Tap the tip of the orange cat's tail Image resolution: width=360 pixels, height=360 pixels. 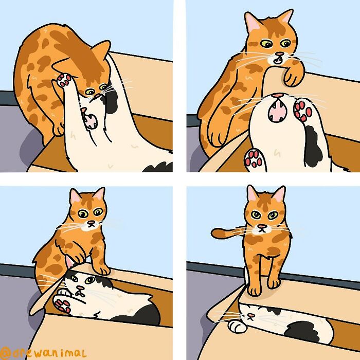(215, 235)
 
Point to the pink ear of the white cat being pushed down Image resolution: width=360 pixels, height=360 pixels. (69, 265)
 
